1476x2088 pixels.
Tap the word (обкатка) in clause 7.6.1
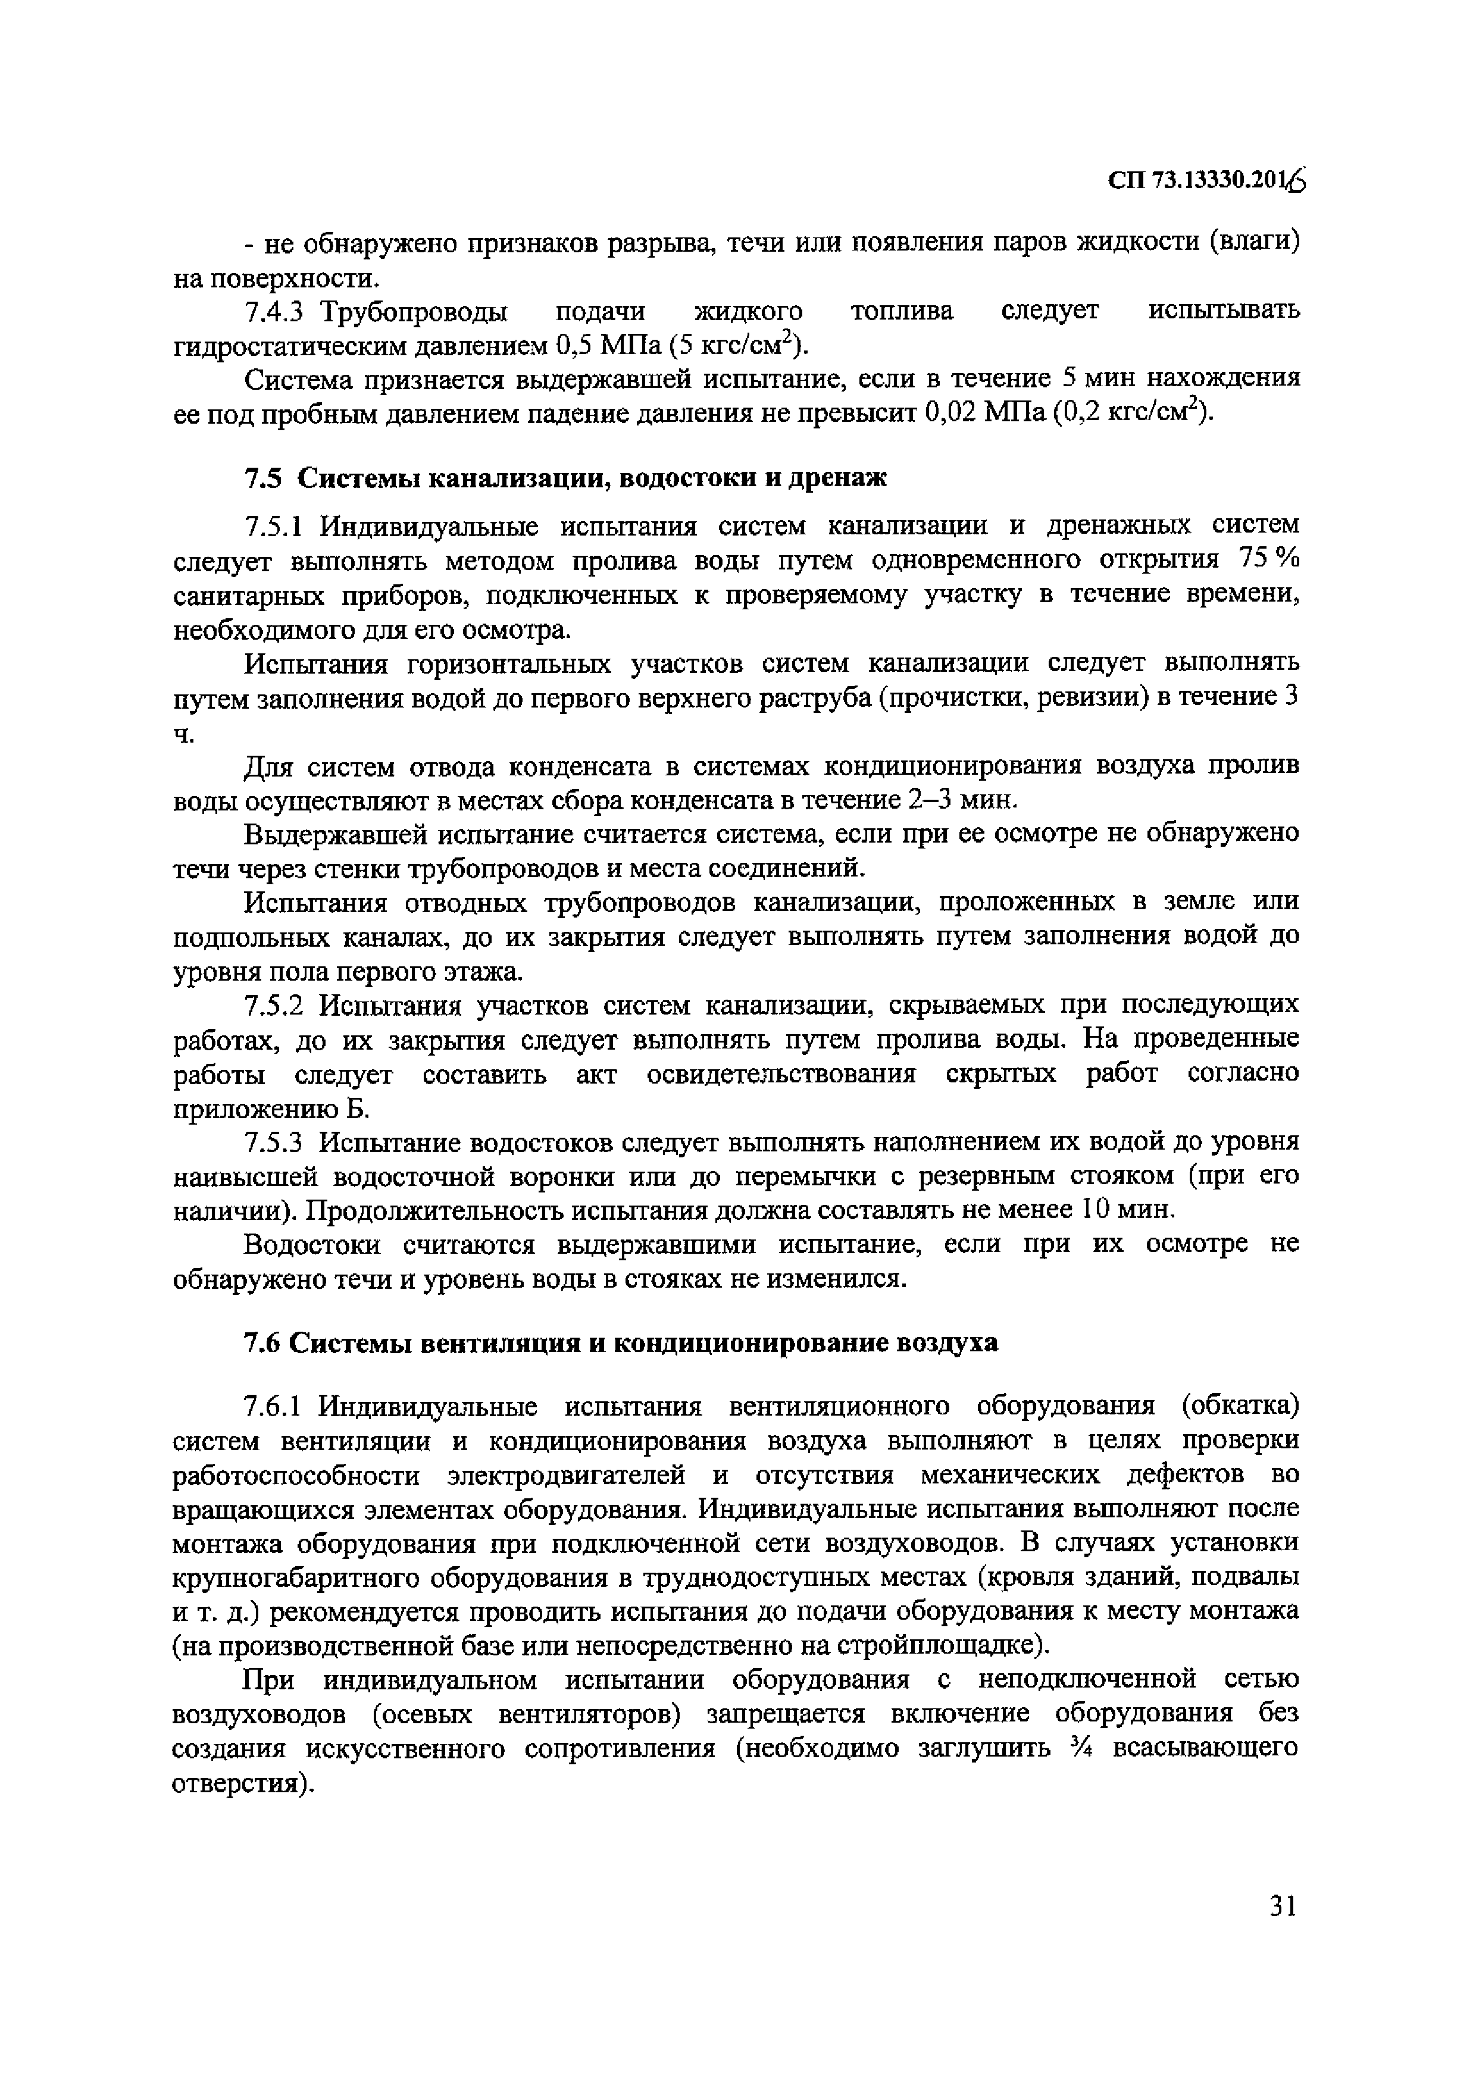1240,1406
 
